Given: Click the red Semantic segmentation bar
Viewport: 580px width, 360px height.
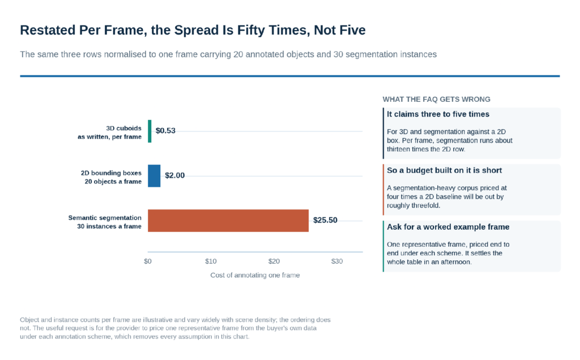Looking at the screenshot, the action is [228, 221].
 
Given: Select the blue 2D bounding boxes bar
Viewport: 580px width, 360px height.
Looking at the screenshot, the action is [154, 176].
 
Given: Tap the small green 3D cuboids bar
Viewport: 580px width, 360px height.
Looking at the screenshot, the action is [150, 131].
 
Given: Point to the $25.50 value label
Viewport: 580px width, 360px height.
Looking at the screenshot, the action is [325, 220].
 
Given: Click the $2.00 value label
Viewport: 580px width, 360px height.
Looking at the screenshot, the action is [174, 175].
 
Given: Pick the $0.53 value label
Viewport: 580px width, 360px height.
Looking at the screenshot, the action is [165, 131].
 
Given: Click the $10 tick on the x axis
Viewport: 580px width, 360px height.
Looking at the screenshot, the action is [211, 262].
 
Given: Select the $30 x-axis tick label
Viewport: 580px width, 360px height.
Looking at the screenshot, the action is [337, 262].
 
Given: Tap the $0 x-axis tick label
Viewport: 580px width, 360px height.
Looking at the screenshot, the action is [148, 262].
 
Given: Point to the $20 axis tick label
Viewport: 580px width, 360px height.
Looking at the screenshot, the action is [274, 262].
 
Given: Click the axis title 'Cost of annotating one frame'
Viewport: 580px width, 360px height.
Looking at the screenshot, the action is [255, 275].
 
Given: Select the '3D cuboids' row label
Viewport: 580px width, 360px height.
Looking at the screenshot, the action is [123, 128].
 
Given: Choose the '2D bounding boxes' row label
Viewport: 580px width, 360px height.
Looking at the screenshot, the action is [111, 173].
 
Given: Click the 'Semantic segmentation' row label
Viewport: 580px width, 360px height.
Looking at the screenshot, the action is [105, 218].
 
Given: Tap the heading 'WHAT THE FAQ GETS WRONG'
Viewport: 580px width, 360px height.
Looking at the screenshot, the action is [437, 100].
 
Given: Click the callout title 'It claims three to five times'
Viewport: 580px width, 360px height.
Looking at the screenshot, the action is [438, 114].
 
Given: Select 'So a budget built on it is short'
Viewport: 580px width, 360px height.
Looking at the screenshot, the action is [444, 170].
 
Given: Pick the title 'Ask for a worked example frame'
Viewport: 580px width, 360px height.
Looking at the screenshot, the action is [448, 227].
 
